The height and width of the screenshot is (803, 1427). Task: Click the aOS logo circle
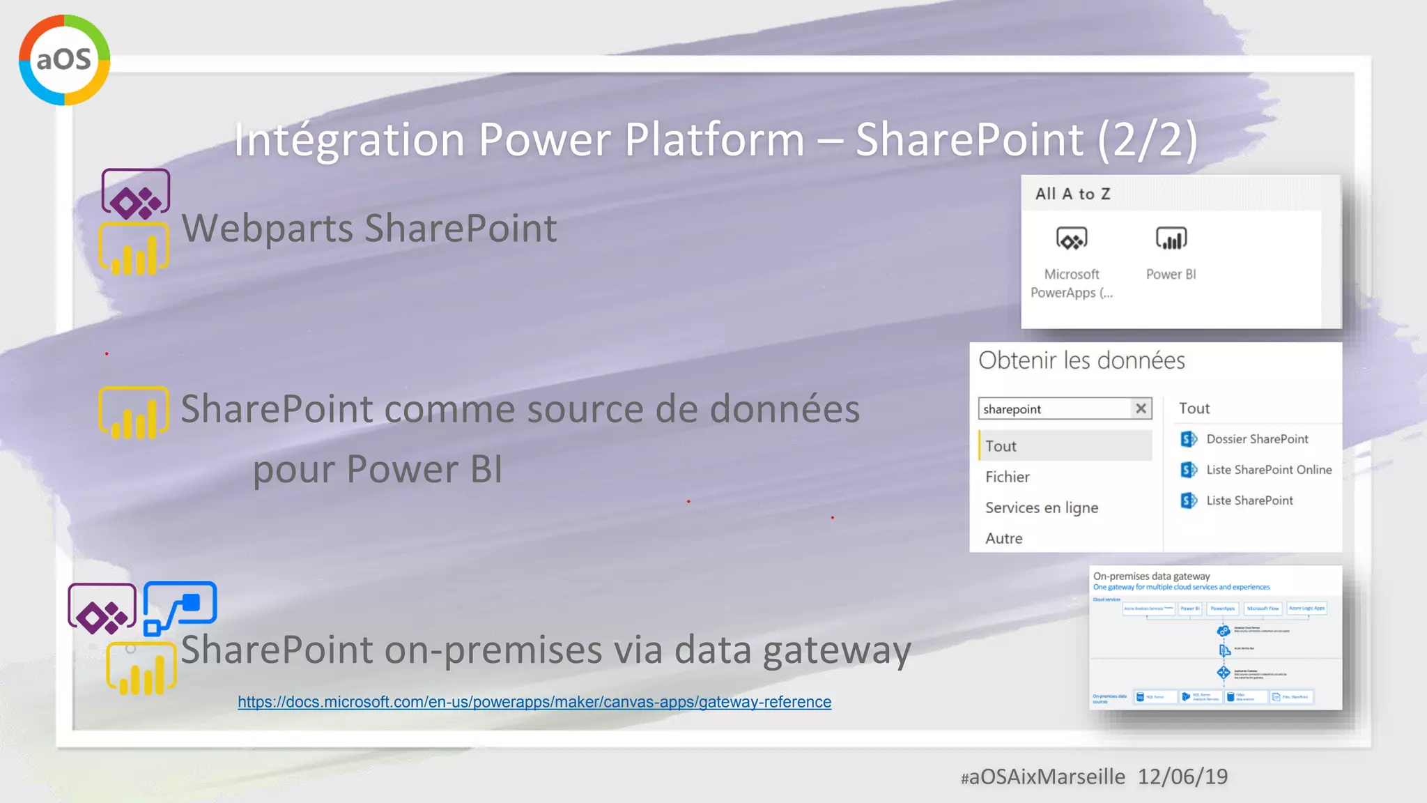(x=64, y=60)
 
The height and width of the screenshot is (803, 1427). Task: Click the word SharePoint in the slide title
(x=969, y=139)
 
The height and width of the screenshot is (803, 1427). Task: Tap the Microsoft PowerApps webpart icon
(x=1072, y=239)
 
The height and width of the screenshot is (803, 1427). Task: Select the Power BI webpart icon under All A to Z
(x=1171, y=239)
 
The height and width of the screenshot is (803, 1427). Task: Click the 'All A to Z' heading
(x=1072, y=194)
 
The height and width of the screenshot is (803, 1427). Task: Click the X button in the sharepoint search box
(x=1141, y=408)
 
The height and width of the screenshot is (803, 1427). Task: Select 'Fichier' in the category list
(x=1008, y=477)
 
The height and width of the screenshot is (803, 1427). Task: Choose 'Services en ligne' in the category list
(x=1042, y=507)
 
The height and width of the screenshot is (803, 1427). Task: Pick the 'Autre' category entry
(x=1004, y=538)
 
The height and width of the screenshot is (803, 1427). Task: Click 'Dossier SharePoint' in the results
(x=1257, y=439)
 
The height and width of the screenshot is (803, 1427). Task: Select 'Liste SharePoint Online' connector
(x=1268, y=470)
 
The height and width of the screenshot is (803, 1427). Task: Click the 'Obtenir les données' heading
(x=1081, y=360)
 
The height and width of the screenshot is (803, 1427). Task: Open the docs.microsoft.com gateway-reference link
(x=534, y=702)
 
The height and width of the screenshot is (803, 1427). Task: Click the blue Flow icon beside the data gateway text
(x=180, y=607)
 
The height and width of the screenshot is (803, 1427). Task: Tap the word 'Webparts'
(x=267, y=229)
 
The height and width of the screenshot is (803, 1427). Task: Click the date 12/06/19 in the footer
(x=1182, y=777)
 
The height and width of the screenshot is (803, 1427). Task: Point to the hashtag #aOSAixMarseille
(x=1042, y=777)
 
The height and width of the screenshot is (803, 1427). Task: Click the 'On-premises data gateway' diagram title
(x=1151, y=576)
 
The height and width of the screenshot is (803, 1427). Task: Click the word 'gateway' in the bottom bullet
(x=836, y=650)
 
